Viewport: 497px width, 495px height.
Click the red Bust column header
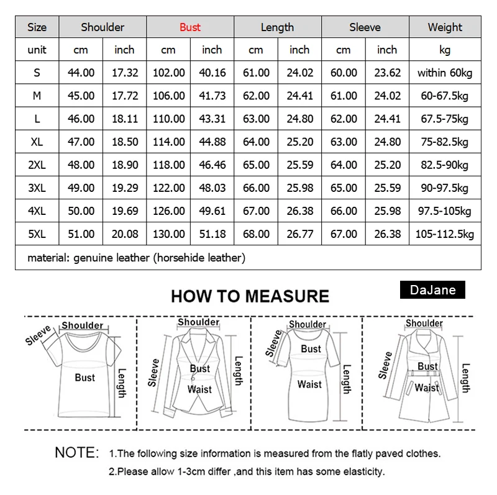(x=190, y=27)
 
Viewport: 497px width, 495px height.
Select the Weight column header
(x=445, y=27)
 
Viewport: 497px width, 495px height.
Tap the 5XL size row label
(x=37, y=234)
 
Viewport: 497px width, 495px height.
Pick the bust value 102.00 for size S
(x=168, y=73)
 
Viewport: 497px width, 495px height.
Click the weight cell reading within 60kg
(x=445, y=73)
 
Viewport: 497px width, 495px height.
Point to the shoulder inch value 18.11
(x=124, y=119)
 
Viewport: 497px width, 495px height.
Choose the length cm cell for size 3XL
(x=256, y=188)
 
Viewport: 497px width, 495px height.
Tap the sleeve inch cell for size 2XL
(x=387, y=165)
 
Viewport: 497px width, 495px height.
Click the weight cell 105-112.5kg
(x=445, y=234)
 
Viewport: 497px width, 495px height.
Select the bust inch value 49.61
(x=212, y=211)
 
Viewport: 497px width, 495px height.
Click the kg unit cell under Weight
(x=445, y=50)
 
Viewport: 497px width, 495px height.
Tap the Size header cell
(x=37, y=27)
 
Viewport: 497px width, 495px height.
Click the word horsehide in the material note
(x=183, y=257)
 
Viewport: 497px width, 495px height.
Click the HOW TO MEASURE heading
(x=250, y=296)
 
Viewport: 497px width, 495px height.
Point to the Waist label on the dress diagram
(x=309, y=384)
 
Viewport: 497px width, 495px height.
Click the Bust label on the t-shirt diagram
(x=84, y=377)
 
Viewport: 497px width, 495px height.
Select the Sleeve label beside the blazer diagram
(x=154, y=373)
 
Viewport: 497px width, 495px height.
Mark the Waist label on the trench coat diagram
(x=427, y=388)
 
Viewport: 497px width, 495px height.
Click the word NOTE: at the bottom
(x=77, y=452)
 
